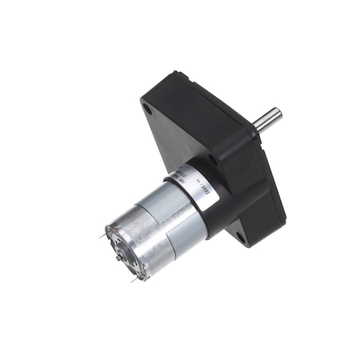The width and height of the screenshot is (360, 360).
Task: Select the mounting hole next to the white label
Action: point(212,159)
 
